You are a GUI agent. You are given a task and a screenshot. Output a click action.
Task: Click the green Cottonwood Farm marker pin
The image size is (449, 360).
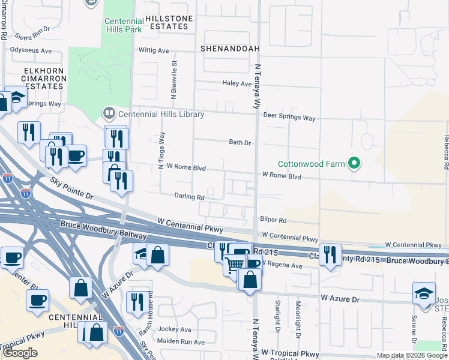pos(354,163)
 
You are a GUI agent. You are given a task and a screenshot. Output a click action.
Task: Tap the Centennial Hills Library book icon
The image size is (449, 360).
pos(109,113)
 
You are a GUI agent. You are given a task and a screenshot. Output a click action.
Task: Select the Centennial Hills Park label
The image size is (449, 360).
pos(124,24)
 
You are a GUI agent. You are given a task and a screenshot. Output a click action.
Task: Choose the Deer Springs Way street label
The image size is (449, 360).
pos(289,118)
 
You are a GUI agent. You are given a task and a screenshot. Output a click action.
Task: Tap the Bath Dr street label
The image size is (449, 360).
pos(240,143)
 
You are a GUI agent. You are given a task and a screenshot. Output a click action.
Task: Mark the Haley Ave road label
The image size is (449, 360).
pos(237,84)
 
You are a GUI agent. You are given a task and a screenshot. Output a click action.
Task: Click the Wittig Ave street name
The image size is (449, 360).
pos(154,51)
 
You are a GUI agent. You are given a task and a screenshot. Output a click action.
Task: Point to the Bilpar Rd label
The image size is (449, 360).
pos(274,221)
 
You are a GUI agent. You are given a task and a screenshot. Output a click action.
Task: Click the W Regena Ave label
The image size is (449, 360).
pos(282,264)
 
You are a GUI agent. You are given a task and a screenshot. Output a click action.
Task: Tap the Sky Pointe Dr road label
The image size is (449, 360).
pos(73,188)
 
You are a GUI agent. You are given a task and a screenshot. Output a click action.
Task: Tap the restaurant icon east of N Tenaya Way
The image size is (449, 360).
pos(330,254)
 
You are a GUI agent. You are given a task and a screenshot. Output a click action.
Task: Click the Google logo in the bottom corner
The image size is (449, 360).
pos(19,353)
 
